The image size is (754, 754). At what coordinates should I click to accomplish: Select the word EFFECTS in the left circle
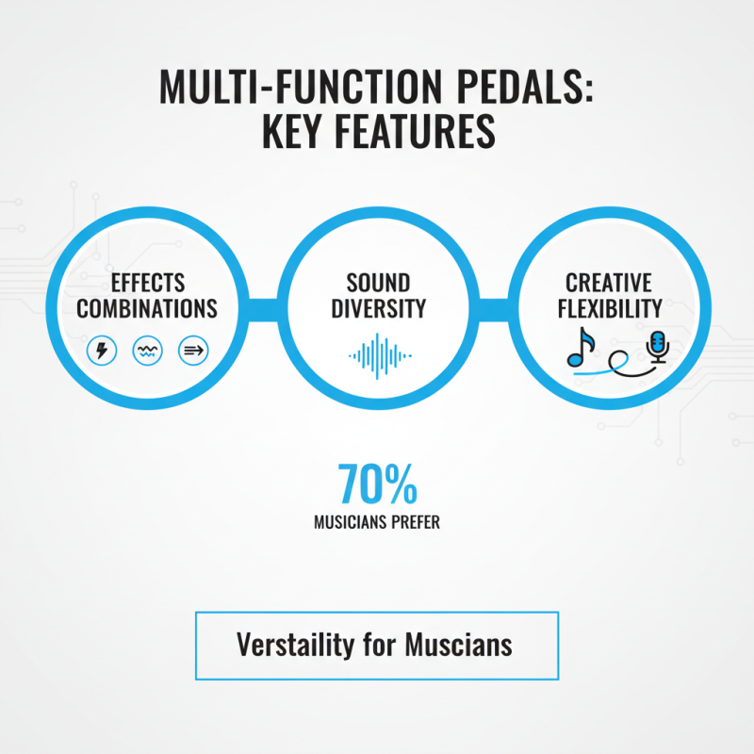tap(147, 283)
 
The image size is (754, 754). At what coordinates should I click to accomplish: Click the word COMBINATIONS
tap(147, 308)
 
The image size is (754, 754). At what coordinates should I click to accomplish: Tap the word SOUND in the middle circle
tap(378, 283)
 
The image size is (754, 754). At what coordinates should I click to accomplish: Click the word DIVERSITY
tap(378, 308)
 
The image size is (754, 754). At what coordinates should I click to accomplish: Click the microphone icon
tap(657, 347)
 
